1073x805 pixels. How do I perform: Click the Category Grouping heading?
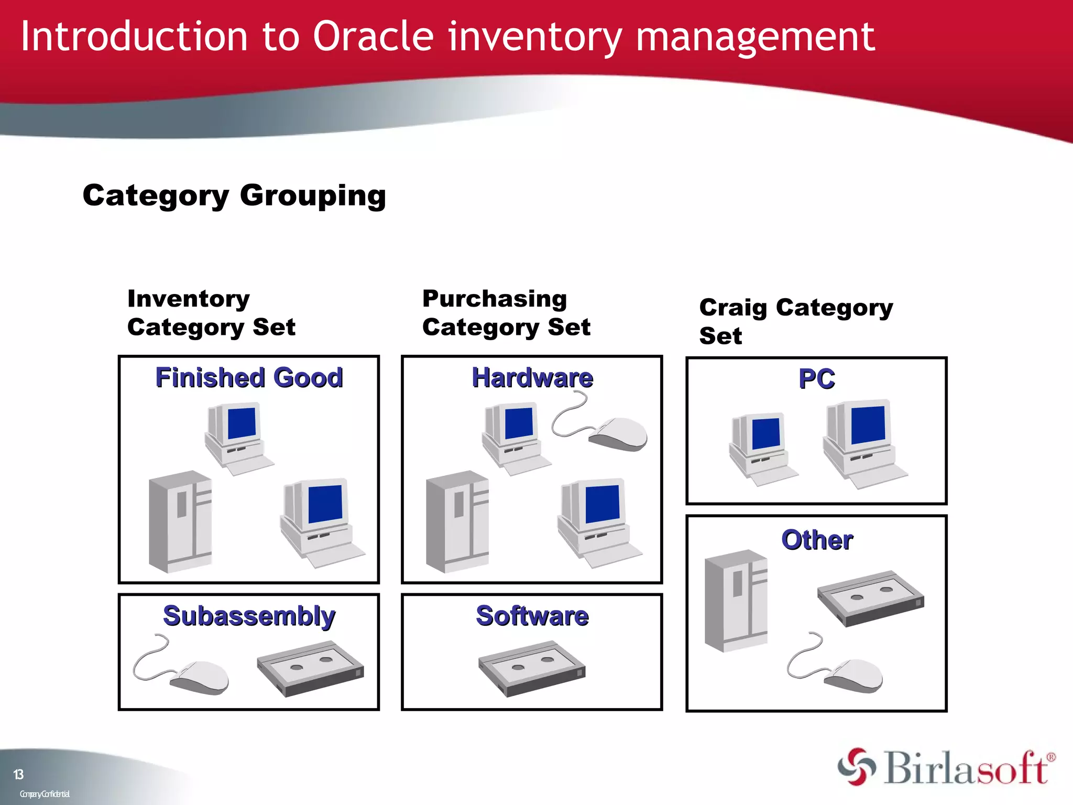(x=234, y=196)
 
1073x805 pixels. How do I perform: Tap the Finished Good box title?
(x=249, y=378)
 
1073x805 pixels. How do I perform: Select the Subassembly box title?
(x=249, y=616)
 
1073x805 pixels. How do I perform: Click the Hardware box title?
(x=532, y=378)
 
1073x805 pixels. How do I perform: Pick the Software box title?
(x=532, y=616)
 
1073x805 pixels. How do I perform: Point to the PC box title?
(x=816, y=379)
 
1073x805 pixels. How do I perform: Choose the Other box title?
(x=817, y=540)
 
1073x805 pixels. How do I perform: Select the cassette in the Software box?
(x=531, y=669)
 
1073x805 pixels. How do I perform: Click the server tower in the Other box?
(x=736, y=601)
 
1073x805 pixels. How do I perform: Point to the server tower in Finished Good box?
(x=180, y=521)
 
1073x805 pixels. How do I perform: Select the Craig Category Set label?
(x=795, y=321)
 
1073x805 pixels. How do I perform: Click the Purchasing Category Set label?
(x=506, y=313)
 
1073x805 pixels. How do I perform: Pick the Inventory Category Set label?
(x=211, y=313)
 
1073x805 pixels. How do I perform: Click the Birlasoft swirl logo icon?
(x=857, y=767)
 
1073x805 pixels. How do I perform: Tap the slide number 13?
(x=18, y=775)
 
